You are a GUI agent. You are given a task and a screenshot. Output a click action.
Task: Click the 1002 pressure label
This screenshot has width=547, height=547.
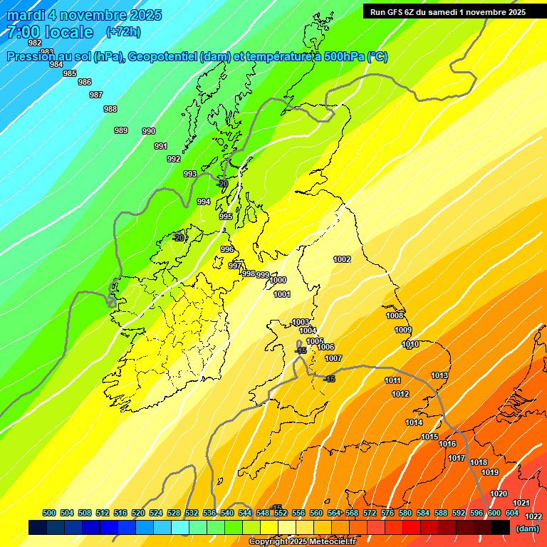tap(342, 259)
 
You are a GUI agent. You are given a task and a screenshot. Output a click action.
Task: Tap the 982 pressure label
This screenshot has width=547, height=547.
tap(34, 43)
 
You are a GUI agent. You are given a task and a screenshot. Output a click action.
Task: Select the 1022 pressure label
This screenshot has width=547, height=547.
tap(533, 516)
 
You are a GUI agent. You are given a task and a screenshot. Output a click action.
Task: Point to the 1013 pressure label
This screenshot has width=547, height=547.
tap(439, 375)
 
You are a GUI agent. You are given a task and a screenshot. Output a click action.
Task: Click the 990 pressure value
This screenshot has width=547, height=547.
tap(149, 131)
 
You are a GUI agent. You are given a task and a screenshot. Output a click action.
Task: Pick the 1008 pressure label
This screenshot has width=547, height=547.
tap(395, 316)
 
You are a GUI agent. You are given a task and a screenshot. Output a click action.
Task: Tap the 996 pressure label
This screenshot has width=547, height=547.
tap(227, 249)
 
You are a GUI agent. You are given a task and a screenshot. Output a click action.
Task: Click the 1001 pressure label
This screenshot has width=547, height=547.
tap(281, 294)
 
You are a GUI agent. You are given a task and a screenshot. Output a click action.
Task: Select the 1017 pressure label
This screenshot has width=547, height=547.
tap(457, 458)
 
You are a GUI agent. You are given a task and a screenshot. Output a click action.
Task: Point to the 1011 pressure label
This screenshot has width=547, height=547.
tap(392, 380)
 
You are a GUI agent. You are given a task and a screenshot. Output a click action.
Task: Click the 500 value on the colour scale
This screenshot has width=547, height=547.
tap(49, 513)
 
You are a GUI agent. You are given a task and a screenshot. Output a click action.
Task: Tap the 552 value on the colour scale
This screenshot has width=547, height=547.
tap(281, 513)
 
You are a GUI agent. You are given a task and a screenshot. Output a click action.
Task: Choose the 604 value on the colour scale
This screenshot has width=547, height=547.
tap(512, 513)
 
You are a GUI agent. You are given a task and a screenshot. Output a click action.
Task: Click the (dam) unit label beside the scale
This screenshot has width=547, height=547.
tap(527, 528)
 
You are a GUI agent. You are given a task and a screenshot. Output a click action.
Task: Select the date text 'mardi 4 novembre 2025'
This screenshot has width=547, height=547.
tap(84, 15)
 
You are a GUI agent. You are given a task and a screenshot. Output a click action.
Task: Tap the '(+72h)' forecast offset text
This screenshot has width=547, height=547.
tap(123, 31)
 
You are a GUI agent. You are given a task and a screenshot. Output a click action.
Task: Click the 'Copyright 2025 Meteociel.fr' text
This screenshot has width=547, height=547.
tap(302, 541)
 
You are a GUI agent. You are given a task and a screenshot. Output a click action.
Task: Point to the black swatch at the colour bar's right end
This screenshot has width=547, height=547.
tap(501, 527)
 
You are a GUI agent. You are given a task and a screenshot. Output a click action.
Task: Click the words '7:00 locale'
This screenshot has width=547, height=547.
tap(50, 32)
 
